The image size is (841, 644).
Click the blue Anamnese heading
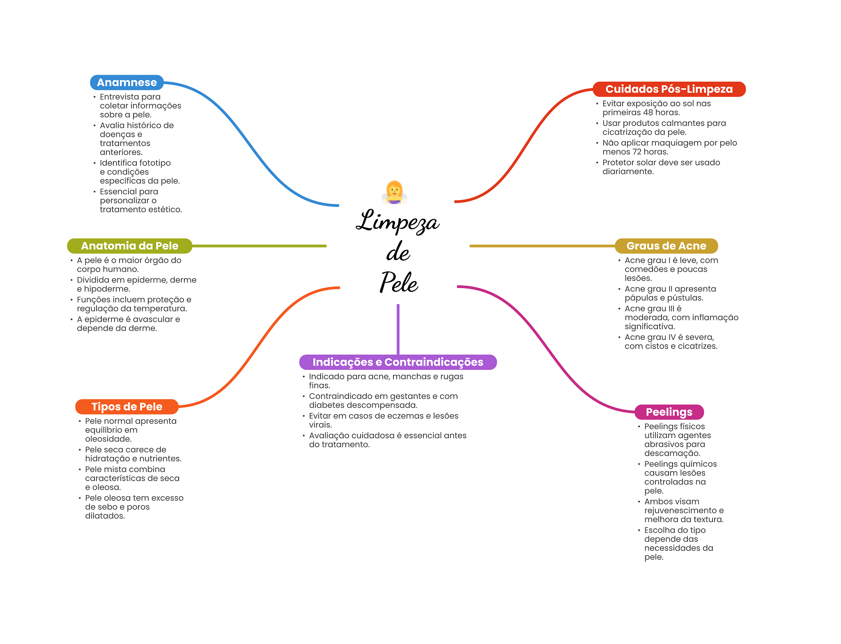(x=126, y=83)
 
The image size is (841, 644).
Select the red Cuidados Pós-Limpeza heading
(x=669, y=89)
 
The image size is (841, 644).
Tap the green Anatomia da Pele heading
(x=129, y=246)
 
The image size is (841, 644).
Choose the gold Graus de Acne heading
(x=666, y=246)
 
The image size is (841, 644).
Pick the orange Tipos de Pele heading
(x=126, y=407)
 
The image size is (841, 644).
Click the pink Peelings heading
(x=669, y=412)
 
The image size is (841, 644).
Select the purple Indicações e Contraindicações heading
(x=398, y=362)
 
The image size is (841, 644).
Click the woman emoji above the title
(x=394, y=192)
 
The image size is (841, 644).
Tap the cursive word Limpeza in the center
(x=398, y=222)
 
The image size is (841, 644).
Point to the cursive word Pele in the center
(x=399, y=282)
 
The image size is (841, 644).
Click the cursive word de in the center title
(x=398, y=252)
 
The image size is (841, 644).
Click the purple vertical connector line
(x=398, y=328)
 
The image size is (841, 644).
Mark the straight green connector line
(x=259, y=246)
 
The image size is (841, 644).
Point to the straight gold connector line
(x=542, y=246)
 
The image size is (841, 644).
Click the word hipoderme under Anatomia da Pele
(x=107, y=289)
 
